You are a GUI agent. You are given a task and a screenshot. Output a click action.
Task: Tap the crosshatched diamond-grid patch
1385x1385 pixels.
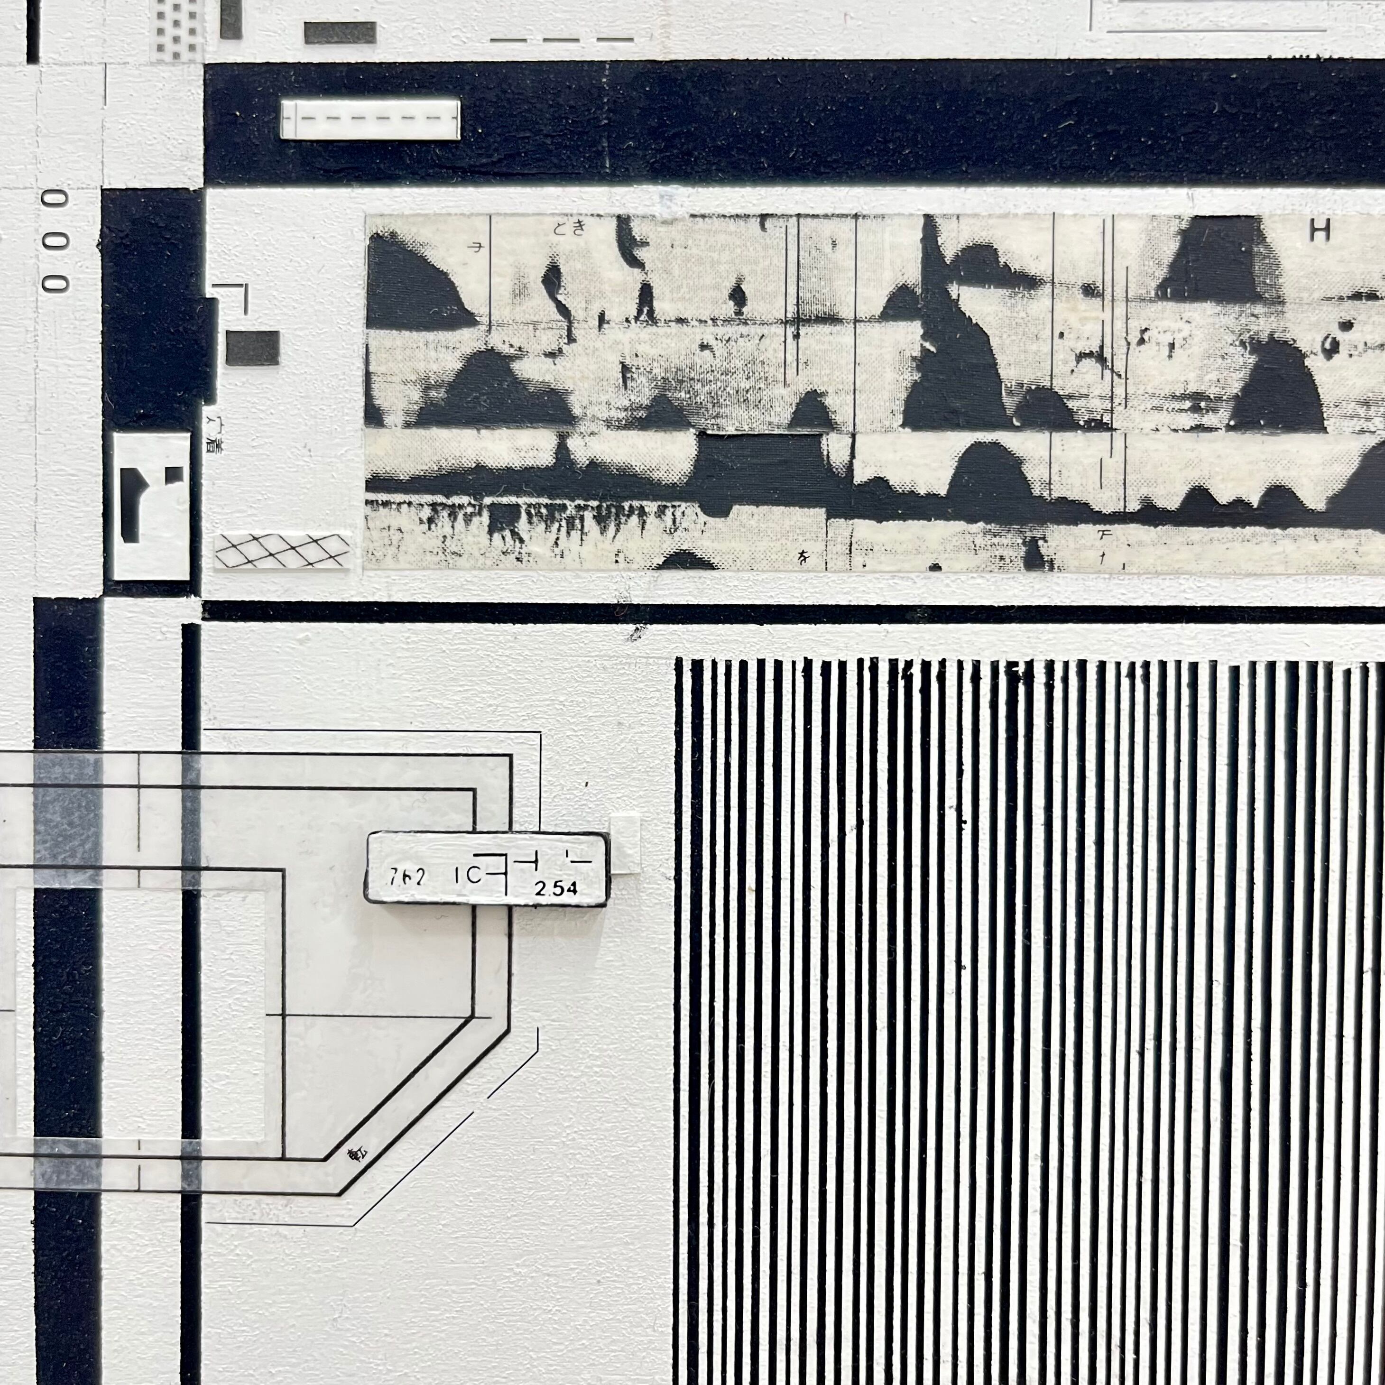(282, 551)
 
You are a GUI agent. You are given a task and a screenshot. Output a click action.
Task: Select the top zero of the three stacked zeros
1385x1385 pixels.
(55, 199)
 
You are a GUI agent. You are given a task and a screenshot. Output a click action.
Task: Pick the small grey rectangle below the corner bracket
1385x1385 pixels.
(252, 348)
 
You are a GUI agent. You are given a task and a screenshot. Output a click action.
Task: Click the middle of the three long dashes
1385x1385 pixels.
(562, 40)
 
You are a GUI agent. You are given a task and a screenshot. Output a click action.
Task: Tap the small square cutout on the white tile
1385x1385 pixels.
(174, 475)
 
